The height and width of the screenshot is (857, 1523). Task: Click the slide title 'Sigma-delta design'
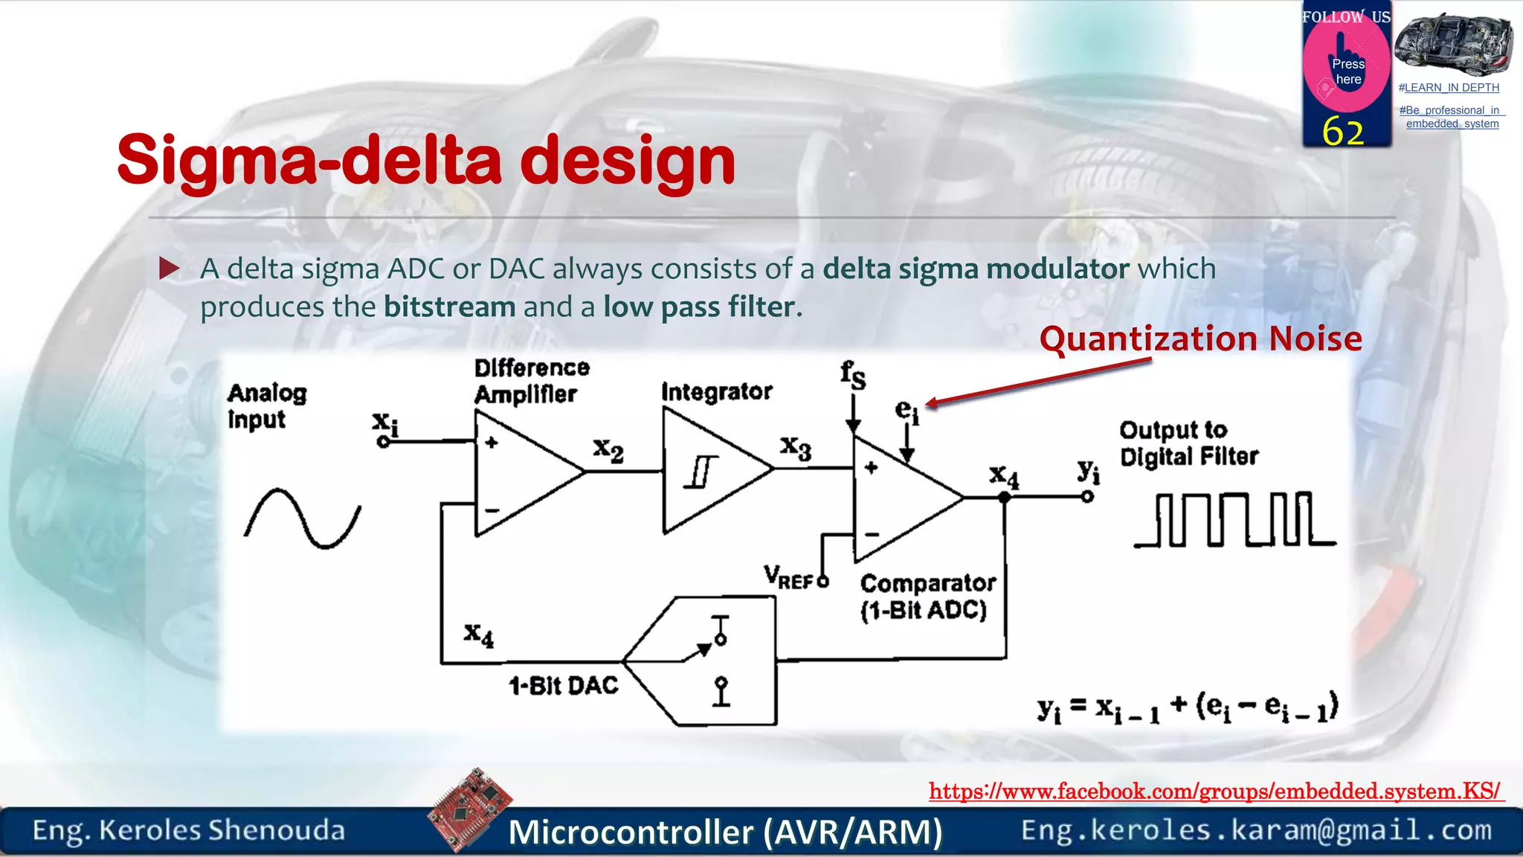pos(425,160)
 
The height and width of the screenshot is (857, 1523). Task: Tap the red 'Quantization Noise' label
pos(1200,339)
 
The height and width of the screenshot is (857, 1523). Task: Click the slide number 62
pos(1342,132)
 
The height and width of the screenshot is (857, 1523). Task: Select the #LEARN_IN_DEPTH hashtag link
pos(1448,88)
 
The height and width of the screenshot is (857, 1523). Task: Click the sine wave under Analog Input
pos(302,519)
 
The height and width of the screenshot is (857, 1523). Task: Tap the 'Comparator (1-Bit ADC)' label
pos(927,596)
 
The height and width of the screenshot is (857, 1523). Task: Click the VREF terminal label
pos(788,577)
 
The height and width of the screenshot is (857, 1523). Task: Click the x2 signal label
pos(608,450)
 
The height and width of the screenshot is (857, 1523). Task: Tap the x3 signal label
pos(795,448)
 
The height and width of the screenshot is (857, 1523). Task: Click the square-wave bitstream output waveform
pos(1234,520)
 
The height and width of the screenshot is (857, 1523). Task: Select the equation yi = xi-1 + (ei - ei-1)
pos(1187,707)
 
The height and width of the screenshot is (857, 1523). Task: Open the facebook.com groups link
pos(1215,791)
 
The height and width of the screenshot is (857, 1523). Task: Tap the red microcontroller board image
pos(470,809)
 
